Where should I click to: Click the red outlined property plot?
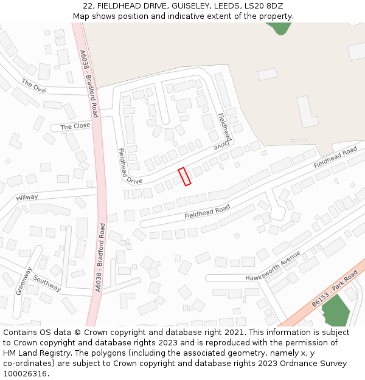tap(184, 176)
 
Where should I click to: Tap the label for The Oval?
tap(34, 86)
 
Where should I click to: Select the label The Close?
tap(75, 126)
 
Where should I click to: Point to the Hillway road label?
tap(27, 198)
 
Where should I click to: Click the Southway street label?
tap(47, 283)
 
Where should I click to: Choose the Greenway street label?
tap(24, 281)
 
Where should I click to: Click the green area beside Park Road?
tap(336, 311)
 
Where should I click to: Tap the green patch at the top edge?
tap(279, 27)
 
